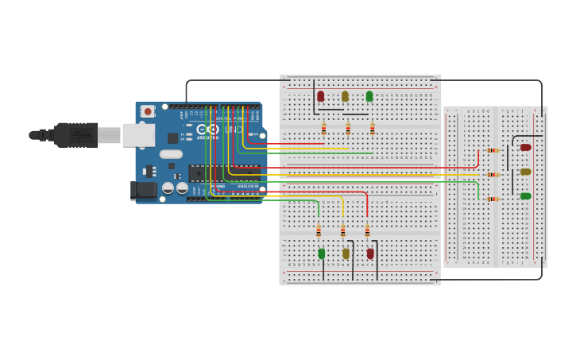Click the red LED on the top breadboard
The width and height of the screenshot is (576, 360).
pyautogui.click(x=320, y=96)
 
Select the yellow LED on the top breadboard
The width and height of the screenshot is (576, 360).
pyautogui.click(x=345, y=96)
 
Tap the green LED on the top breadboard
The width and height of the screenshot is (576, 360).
pyautogui.click(x=369, y=96)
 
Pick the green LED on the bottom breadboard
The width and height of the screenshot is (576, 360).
pyautogui.click(x=322, y=254)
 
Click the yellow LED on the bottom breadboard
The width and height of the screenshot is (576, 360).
pyautogui.click(x=346, y=254)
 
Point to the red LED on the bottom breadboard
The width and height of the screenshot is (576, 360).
pyautogui.click(x=370, y=254)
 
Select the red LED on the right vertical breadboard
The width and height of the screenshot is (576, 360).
pyautogui.click(x=525, y=147)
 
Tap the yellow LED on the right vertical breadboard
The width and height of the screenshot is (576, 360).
pyautogui.click(x=525, y=172)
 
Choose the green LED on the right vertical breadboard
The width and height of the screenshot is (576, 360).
pyautogui.click(x=525, y=195)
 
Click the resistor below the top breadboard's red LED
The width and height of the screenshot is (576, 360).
pyautogui.click(x=323, y=128)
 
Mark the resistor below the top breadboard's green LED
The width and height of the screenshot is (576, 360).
pyautogui.click(x=372, y=128)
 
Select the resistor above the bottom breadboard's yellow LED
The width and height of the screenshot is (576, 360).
pyautogui.click(x=342, y=231)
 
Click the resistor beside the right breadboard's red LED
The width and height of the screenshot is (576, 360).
pyautogui.click(x=493, y=150)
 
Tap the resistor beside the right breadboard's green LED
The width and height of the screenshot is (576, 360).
pyautogui.click(x=493, y=199)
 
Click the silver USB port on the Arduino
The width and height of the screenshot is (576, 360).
pyautogui.click(x=138, y=135)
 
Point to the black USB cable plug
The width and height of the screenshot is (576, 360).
pyautogui.click(x=76, y=135)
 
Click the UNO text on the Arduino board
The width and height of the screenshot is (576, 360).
pyautogui.click(x=234, y=130)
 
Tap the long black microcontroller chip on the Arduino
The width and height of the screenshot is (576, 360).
pyautogui.click(x=224, y=172)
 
